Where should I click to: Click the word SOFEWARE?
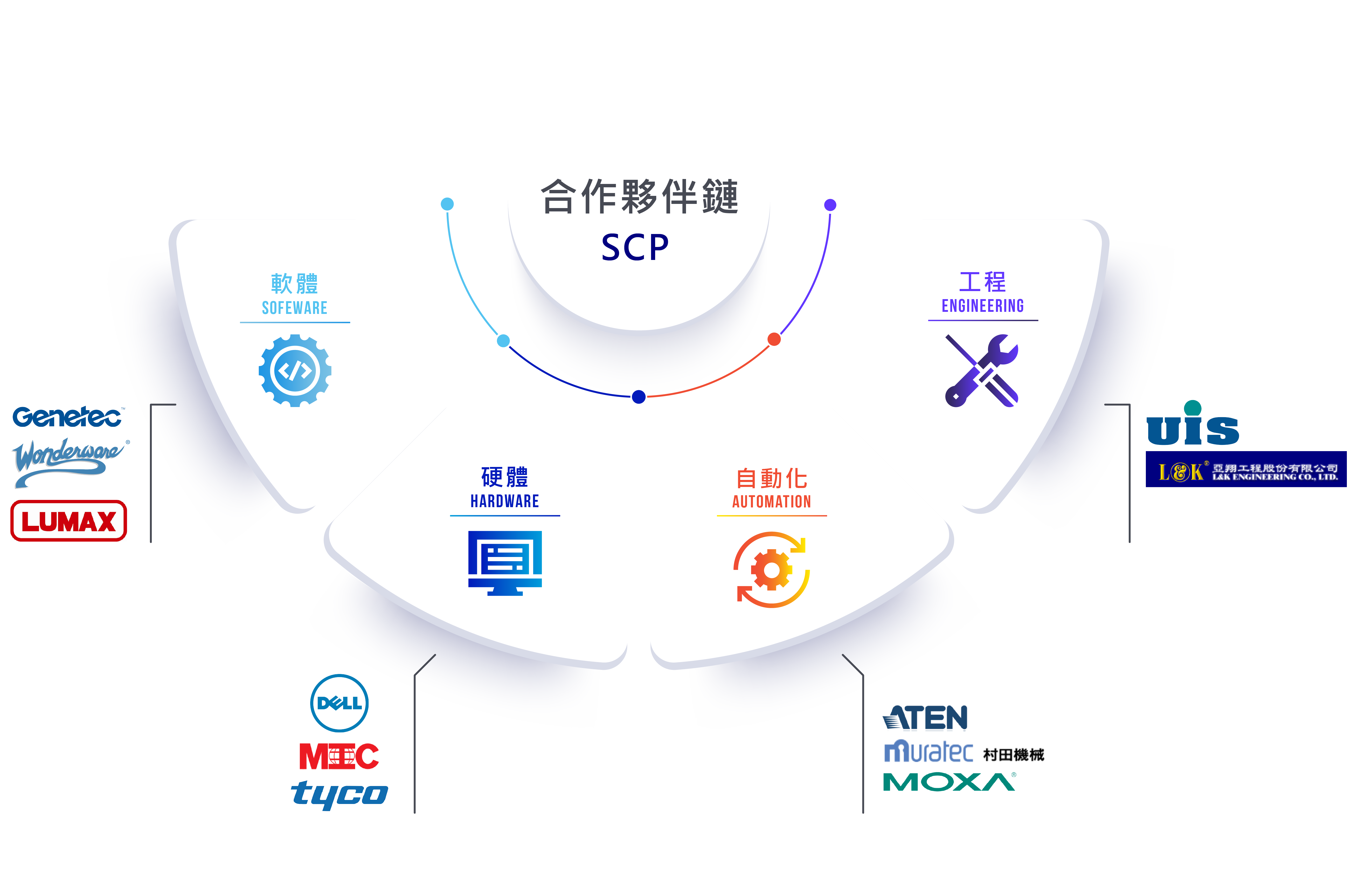pos(295,308)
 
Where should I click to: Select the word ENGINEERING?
pos(983,306)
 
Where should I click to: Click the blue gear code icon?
pos(295,371)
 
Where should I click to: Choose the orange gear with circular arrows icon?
pos(771,569)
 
